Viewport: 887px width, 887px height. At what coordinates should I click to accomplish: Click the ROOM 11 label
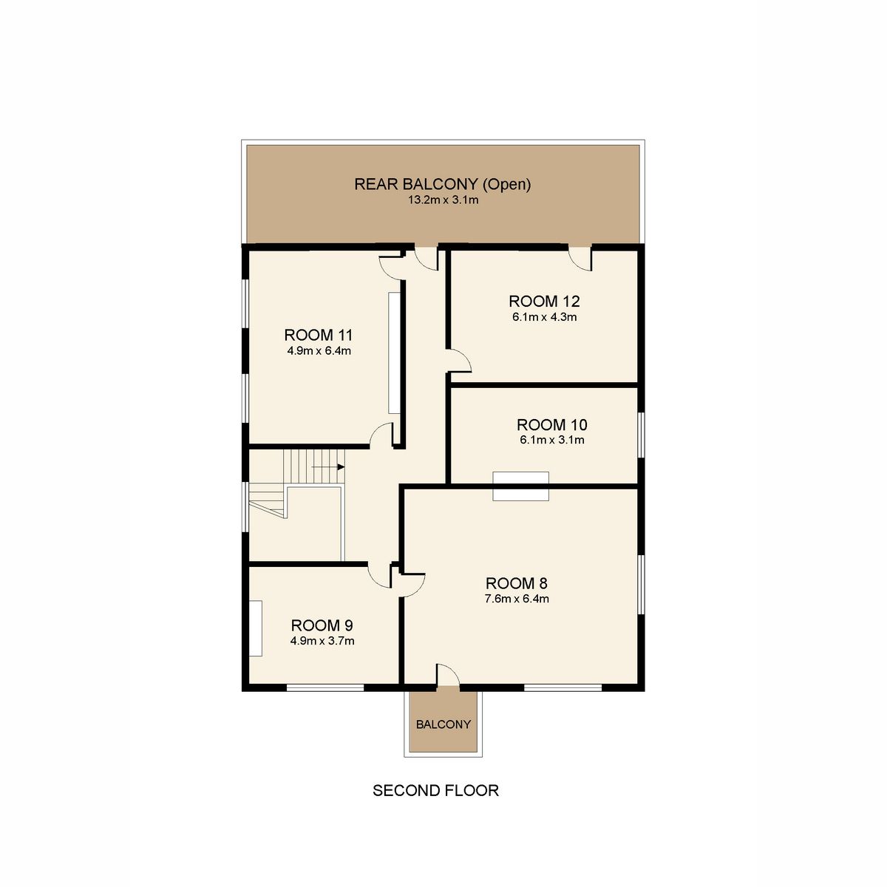[318, 335]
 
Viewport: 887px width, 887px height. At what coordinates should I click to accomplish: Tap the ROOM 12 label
[544, 302]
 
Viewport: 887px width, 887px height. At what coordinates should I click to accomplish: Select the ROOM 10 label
[552, 424]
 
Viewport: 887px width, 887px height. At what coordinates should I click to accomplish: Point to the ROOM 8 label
[517, 583]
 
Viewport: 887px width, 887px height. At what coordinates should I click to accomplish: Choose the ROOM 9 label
[322, 625]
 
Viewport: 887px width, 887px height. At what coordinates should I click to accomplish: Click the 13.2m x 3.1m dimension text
[443, 200]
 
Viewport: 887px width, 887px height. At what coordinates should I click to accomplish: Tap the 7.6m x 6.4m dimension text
[517, 599]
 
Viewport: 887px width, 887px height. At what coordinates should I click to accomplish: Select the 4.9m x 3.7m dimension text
[322, 641]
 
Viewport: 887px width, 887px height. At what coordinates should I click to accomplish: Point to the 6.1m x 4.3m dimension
[545, 316]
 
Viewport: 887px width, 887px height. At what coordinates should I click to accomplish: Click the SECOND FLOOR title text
[435, 790]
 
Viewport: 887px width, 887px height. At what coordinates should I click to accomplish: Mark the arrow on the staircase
[328, 467]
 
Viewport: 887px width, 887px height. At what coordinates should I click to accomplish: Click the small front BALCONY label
[443, 724]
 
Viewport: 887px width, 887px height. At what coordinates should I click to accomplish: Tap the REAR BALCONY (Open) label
[442, 184]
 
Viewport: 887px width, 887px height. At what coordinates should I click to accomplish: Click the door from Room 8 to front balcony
[447, 676]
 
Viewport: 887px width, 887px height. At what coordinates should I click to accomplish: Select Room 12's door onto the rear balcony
[580, 259]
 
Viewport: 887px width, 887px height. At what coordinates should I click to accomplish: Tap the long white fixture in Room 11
[395, 353]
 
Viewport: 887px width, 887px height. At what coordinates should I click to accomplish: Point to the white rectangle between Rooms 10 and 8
[520, 486]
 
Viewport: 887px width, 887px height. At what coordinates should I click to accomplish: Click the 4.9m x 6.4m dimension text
[319, 351]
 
